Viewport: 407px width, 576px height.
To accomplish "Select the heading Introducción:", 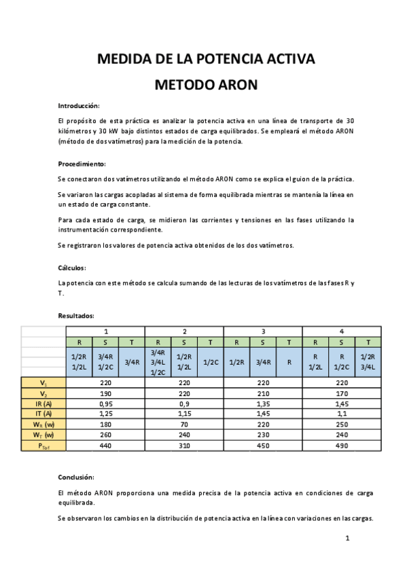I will [x=79, y=106].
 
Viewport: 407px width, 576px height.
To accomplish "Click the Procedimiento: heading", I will [x=82, y=164].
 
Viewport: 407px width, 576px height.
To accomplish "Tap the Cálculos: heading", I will [x=72, y=268].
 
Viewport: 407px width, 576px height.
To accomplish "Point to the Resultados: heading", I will [x=76, y=316].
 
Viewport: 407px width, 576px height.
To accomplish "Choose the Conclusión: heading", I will [x=77, y=477].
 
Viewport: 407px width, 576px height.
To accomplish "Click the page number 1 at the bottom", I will [x=347, y=539].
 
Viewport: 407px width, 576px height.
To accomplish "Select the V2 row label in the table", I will [x=43, y=393].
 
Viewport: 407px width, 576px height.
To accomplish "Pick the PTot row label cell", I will [x=43, y=446].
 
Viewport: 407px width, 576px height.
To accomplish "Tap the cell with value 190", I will [x=105, y=393].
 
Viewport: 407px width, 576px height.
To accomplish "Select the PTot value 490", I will [x=342, y=446].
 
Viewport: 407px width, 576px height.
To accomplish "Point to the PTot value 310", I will [x=184, y=446].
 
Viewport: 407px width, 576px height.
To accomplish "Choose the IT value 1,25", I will [x=105, y=414].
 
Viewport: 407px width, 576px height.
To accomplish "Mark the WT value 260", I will [x=105, y=435].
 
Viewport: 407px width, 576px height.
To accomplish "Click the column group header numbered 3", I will [x=263, y=331].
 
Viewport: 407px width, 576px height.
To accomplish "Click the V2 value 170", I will [x=342, y=393].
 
